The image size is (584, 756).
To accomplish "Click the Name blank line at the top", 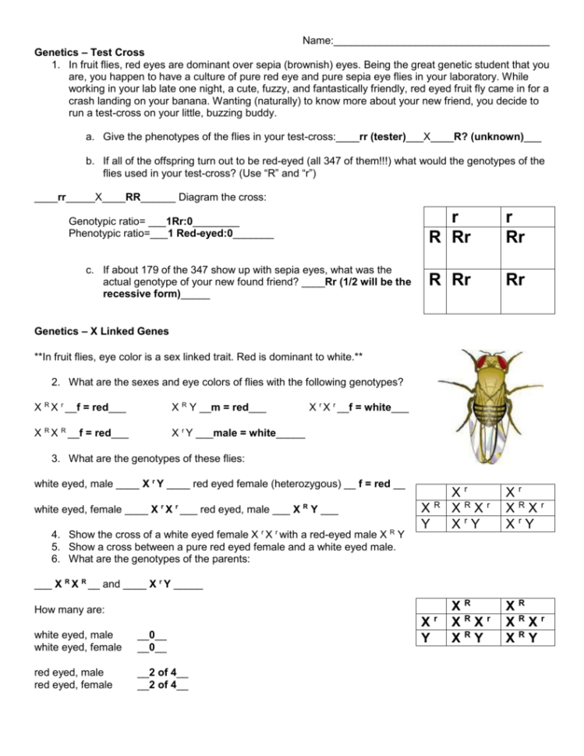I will coord(441,41).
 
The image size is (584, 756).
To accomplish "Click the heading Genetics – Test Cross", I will coord(90,52).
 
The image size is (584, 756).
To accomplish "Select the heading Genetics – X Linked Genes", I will coord(102,330).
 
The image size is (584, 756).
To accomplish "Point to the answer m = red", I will coord(232,408).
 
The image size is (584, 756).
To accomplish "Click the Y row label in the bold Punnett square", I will coord(424,639).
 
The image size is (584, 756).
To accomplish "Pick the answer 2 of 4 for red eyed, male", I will coord(162,673).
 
